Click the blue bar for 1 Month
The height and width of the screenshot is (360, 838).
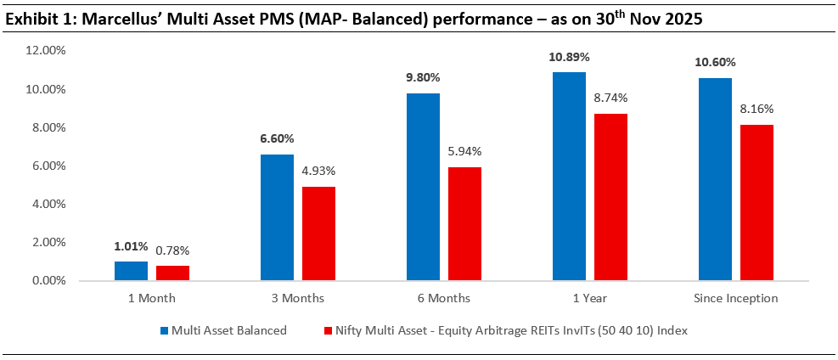(131, 271)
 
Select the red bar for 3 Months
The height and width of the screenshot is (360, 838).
(318, 233)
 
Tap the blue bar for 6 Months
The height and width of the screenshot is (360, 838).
(423, 187)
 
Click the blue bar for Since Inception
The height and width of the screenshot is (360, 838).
(715, 179)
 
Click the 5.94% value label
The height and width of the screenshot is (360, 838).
(464, 151)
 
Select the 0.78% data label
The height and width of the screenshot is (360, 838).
(172, 250)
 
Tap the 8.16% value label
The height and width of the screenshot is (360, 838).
(756, 109)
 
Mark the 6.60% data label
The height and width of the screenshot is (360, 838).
(277, 138)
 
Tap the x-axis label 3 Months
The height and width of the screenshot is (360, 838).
(297, 299)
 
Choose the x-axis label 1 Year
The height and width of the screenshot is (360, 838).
(589, 299)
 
